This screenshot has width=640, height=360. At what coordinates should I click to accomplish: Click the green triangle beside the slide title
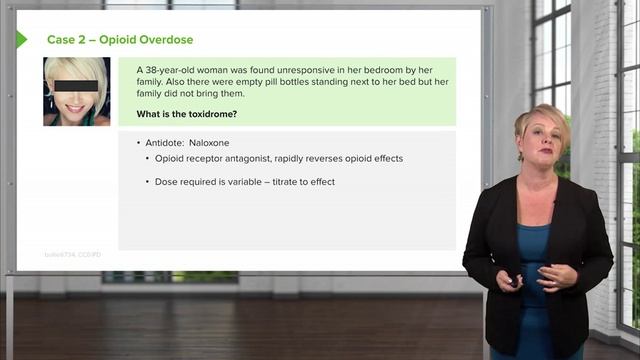21,40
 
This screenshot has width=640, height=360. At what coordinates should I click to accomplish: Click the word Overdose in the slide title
165,40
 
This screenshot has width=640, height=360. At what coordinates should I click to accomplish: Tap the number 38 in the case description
151,68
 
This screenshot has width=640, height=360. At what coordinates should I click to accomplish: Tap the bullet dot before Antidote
139,143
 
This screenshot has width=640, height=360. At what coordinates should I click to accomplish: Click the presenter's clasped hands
540,276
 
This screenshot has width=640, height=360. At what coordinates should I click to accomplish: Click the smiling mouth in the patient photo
75,100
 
